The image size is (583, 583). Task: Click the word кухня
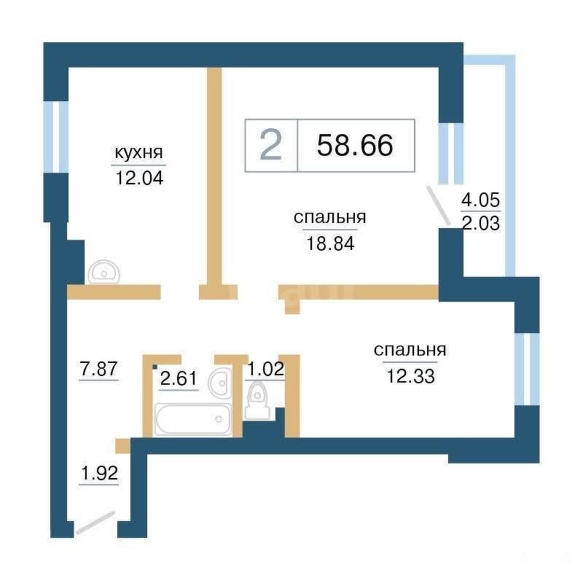pos(138,152)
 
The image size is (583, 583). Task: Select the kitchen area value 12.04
pos(139,178)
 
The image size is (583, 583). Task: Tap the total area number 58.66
pos(355,145)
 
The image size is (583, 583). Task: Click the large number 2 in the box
pos(270,145)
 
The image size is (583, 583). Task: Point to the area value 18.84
pos(330,243)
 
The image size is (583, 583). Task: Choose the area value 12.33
pos(410,376)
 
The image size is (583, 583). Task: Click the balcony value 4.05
pos(480,200)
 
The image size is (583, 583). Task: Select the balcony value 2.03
pos(480,224)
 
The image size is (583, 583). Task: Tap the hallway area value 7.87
pos(99,369)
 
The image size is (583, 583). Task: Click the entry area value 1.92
pos(99,473)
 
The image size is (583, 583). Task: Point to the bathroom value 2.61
pos(179,378)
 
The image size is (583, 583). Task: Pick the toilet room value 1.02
pos(265,369)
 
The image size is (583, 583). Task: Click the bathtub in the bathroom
pos(192,419)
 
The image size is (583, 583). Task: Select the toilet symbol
pos(257,401)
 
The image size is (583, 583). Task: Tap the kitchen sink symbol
pos(103,272)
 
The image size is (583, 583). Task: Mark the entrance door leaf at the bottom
pos(95,523)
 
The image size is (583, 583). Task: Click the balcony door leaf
pos(439,206)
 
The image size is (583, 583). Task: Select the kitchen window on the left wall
pos(56,137)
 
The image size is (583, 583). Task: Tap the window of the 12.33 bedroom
pos(527,369)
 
